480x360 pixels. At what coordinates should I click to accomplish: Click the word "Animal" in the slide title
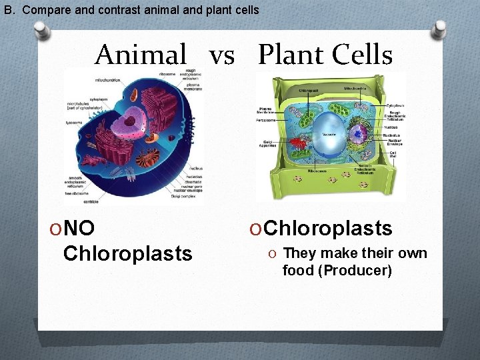click(141, 55)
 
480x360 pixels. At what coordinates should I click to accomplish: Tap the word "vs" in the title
click(222, 56)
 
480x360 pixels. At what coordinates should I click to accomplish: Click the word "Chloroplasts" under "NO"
click(127, 253)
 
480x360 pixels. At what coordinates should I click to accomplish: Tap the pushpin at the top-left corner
click(41, 31)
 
